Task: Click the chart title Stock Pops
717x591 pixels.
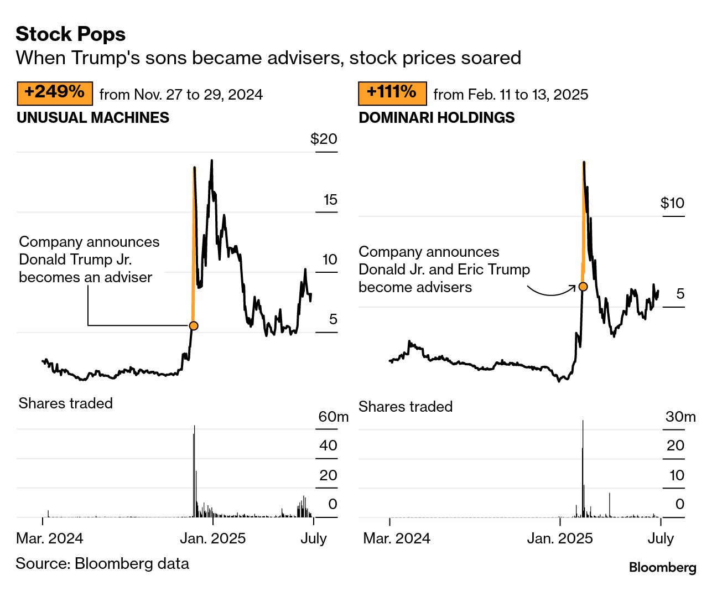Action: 70,34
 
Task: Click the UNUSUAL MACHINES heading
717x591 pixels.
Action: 93,118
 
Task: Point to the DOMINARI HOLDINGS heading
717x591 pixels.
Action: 437,118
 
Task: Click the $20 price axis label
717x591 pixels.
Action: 324,139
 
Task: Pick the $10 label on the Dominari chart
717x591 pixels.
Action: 672,203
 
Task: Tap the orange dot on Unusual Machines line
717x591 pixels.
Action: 194,325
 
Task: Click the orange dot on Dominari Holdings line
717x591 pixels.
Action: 583,287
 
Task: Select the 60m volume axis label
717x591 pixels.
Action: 333,417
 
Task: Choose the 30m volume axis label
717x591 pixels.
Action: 680,417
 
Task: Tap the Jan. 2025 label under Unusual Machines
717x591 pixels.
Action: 213,538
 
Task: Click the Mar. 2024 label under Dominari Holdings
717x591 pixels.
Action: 397,538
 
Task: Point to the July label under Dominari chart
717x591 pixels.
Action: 661,538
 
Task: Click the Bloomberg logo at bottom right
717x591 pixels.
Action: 662,567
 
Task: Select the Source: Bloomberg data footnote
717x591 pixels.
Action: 102,563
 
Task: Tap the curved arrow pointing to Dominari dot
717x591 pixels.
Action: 550,292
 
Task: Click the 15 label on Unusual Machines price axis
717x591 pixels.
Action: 330,200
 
